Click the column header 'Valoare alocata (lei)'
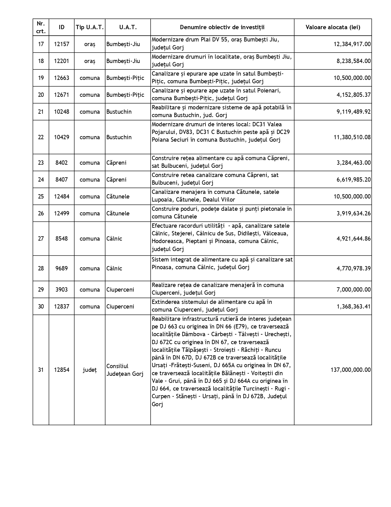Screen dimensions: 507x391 click(x=333, y=27)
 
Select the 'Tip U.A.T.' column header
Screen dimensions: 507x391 click(x=90, y=27)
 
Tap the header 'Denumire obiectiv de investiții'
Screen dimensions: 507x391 click(x=222, y=27)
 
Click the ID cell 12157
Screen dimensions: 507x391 click(x=62, y=44)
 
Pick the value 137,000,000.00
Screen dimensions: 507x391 click(x=351, y=370)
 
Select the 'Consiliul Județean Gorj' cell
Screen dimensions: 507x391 click(x=125, y=370)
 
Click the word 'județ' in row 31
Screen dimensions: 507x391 click(x=90, y=370)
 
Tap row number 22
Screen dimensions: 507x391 click(x=41, y=137)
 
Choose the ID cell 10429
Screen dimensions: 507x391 click(x=62, y=137)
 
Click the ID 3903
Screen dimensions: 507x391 click(x=62, y=289)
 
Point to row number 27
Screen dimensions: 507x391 click(x=41, y=238)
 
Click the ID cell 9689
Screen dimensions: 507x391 click(x=62, y=268)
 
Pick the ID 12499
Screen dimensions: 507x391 click(x=62, y=213)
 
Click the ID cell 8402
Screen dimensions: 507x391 click(x=62, y=163)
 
